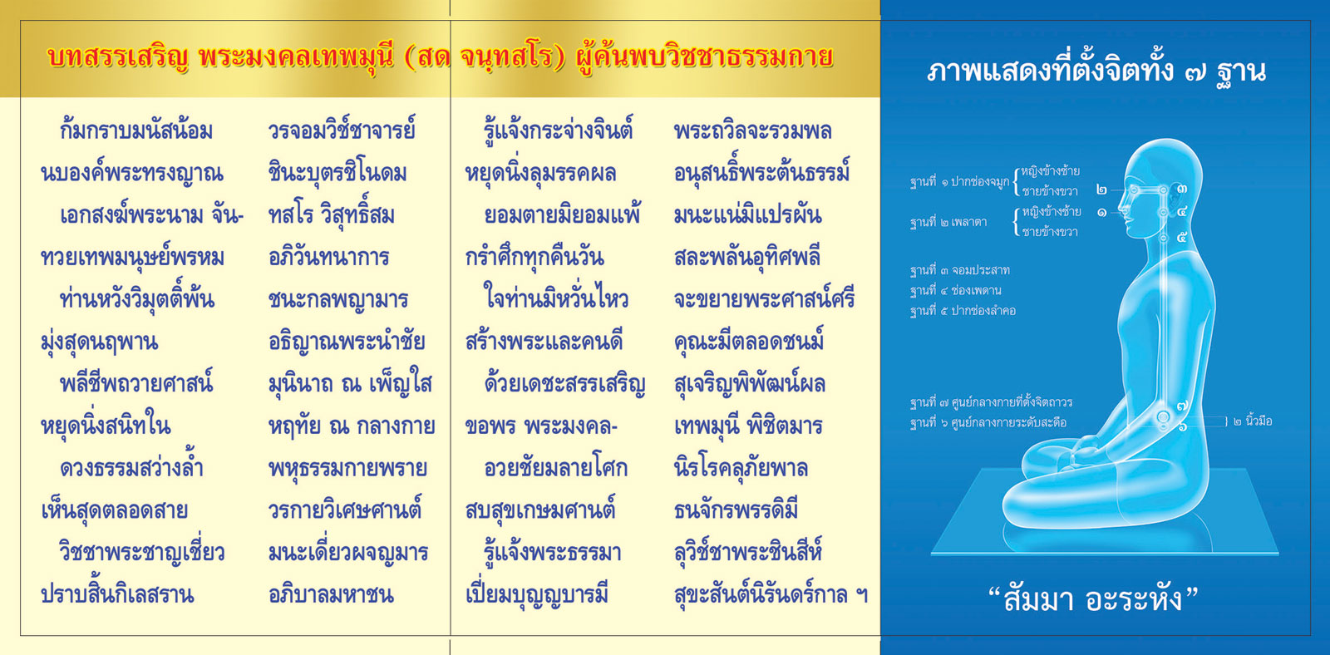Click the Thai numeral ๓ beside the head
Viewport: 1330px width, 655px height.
pyautogui.click(x=1181, y=189)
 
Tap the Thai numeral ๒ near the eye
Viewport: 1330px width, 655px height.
pyautogui.click(x=1101, y=190)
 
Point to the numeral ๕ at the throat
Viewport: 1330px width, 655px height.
pyautogui.click(x=1181, y=238)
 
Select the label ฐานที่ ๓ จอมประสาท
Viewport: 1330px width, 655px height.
pyautogui.click(x=959, y=270)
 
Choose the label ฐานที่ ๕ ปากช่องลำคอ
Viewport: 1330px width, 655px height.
pyautogui.click(x=963, y=311)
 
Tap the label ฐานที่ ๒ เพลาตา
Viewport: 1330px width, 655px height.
pyautogui.click(x=948, y=222)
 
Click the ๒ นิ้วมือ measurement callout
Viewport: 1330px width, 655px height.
pyautogui.click(x=1252, y=421)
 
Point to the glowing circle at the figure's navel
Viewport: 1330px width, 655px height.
pyautogui.click(x=1163, y=417)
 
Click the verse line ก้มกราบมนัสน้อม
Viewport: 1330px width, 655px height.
pyautogui.click(x=136, y=130)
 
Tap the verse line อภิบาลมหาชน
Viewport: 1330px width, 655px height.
pyautogui.click(x=331, y=593)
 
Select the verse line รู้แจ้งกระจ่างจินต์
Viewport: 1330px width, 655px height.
pyautogui.click(x=559, y=129)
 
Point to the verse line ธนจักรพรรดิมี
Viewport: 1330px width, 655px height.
pyautogui.click(x=736, y=510)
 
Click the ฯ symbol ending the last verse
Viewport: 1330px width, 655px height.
pyautogui.click(x=861, y=593)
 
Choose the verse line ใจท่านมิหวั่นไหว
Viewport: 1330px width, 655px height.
pyautogui.click(x=556, y=298)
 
